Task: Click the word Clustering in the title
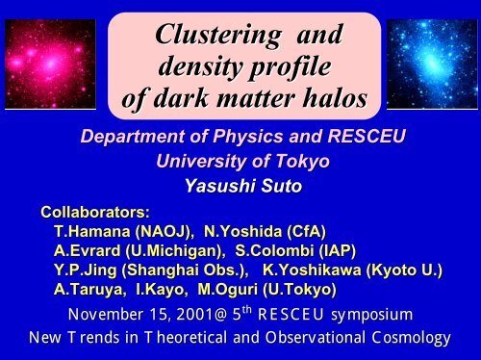tap(218, 36)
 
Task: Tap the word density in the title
tap(200, 66)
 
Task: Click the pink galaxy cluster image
tap(50, 64)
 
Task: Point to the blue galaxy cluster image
tap(432, 64)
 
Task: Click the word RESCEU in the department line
tap(367, 136)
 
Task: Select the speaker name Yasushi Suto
tap(243, 186)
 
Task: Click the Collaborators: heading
tap(95, 212)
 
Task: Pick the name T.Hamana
tap(92, 231)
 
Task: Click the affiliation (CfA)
tap(307, 231)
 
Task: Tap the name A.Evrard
tap(88, 250)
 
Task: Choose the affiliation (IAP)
tap(338, 250)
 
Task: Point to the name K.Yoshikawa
tap(312, 270)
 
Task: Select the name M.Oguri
tap(228, 290)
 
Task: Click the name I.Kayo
tap(161, 290)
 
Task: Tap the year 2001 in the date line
tap(194, 315)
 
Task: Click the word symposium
tap(372, 315)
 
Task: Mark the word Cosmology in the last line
tap(412, 338)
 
